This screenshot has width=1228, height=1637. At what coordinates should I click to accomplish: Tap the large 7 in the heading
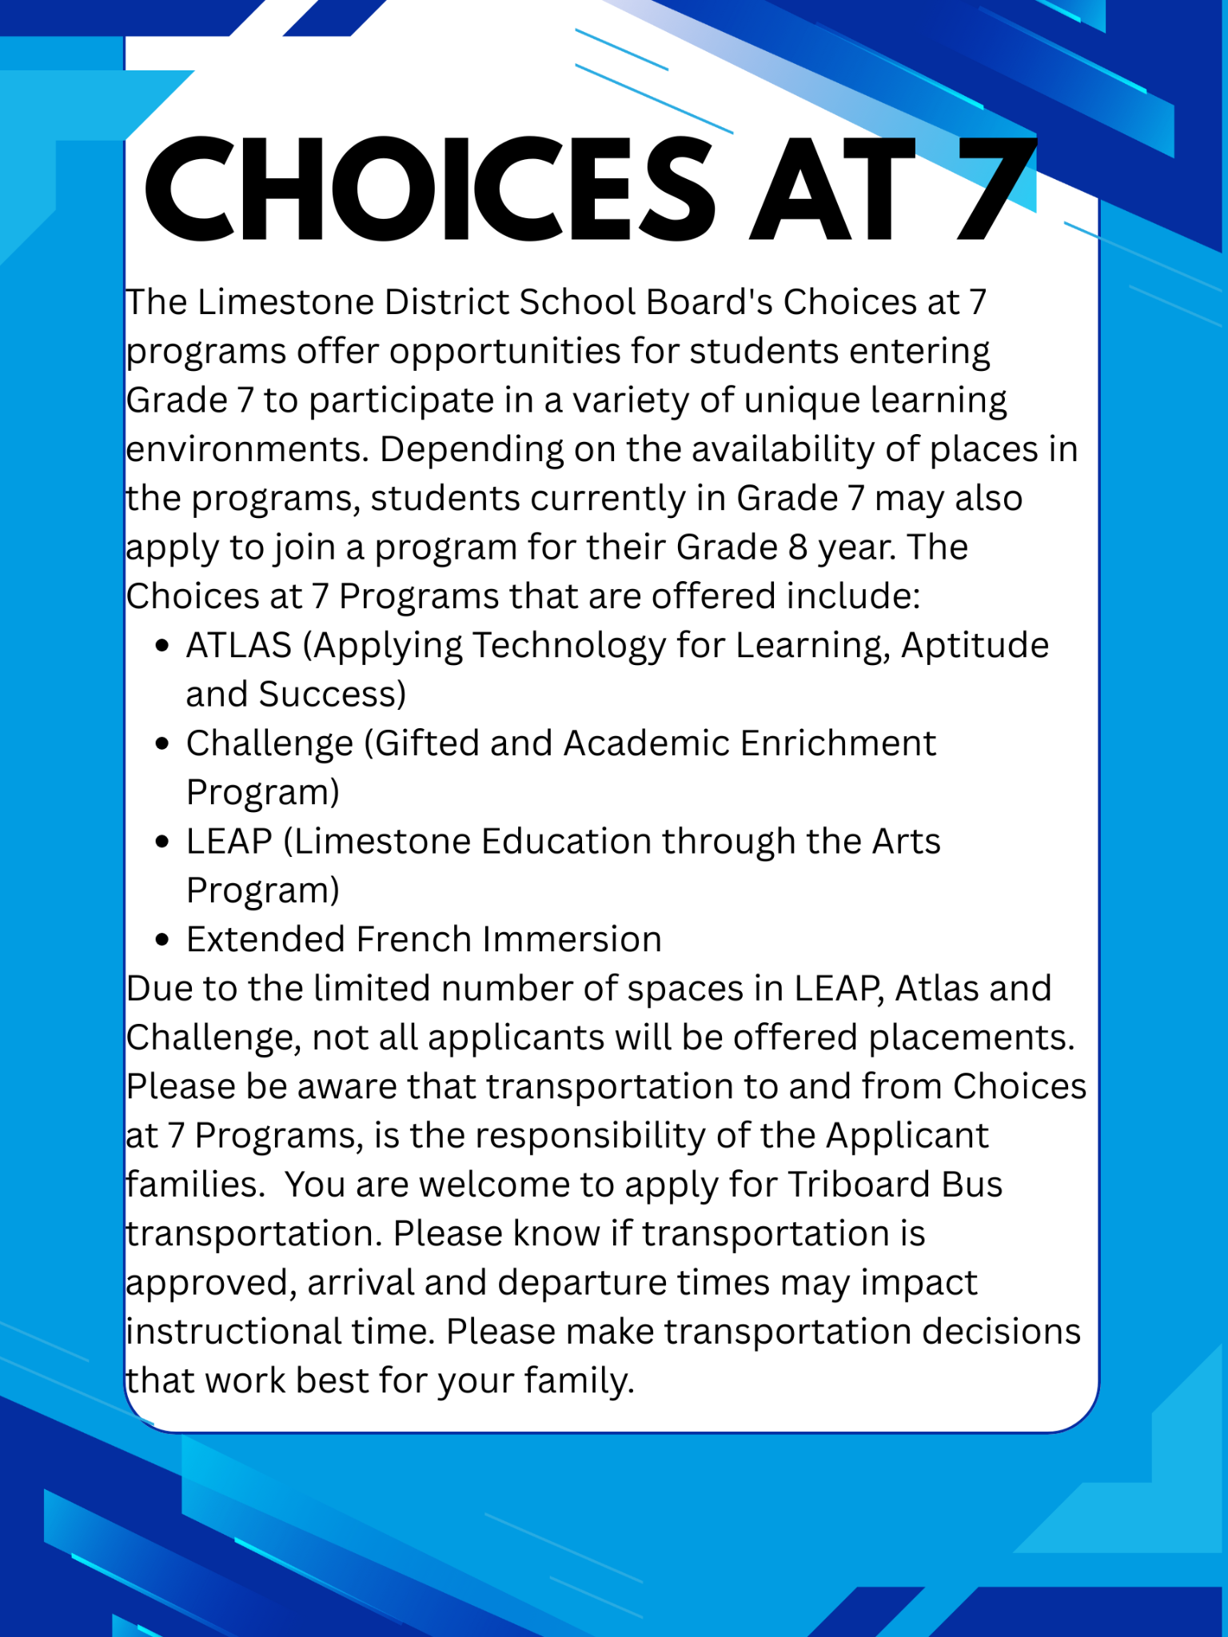tap(995, 190)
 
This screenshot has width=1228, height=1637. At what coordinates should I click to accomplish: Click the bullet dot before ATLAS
tap(163, 646)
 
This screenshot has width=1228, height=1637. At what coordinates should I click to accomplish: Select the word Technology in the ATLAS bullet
tap(569, 646)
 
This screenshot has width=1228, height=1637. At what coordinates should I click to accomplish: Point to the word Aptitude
tap(975, 646)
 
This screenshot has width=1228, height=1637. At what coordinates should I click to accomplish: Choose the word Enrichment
tap(837, 743)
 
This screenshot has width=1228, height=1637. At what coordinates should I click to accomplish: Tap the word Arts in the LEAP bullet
tap(906, 842)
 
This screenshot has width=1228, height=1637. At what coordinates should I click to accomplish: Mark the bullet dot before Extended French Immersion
tap(163, 940)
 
